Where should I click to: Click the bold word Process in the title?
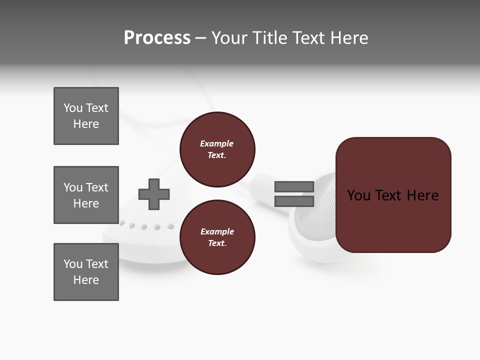click(x=157, y=38)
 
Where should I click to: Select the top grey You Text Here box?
click(x=86, y=116)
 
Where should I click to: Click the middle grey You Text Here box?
click(x=86, y=195)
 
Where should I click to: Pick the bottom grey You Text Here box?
click(x=86, y=272)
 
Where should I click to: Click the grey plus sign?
click(x=154, y=194)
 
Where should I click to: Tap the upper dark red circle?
click(x=217, y=149)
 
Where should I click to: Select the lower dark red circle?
click(x=217, y=237)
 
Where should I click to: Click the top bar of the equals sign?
click(x=294, y=187)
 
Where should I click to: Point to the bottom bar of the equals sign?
click(x=294, y=201)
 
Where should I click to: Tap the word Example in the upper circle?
click(x=217, y=143)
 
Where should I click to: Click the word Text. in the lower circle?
click(x=217, y=243)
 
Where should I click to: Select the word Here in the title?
click(x=348, y=38)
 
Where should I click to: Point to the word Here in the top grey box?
click(x=86, y=124)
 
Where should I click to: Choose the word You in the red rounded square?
click(x=358, y=195)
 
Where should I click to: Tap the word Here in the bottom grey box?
click(x=86, y=280)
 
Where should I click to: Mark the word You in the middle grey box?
click(x=73, y=187)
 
